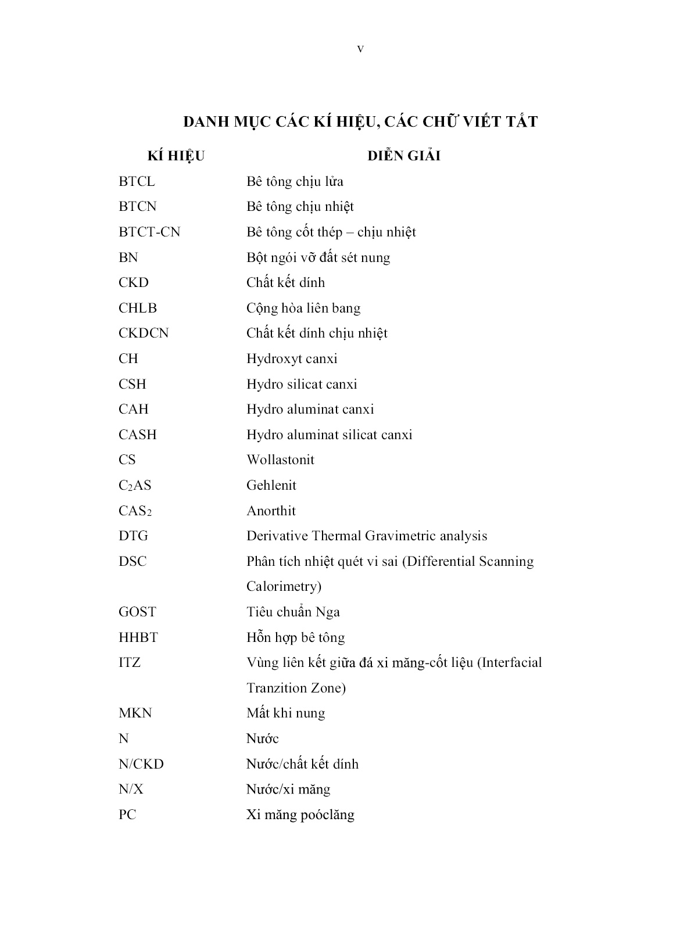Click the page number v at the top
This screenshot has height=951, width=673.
360,49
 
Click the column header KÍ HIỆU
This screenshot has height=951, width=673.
176,156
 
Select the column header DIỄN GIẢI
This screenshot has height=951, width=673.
404,156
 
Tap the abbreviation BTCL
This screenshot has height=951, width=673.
137,182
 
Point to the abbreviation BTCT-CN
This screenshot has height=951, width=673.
149,232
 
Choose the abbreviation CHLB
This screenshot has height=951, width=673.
138,308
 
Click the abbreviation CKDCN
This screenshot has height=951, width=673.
144,333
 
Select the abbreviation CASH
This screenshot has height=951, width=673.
138,435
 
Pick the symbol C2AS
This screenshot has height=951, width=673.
135,486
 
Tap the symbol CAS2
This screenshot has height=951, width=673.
135,511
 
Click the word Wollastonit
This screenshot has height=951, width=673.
280,460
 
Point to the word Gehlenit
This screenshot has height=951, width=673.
271,486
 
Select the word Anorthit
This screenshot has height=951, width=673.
271,511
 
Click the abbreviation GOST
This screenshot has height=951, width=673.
137,612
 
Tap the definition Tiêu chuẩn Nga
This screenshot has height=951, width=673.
293,612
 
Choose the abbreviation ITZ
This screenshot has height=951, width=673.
130,663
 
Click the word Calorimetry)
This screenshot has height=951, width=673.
284,587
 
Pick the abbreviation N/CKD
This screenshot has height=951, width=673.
141,765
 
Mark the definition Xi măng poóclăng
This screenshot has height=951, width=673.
300,815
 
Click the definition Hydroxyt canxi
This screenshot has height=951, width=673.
292,359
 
